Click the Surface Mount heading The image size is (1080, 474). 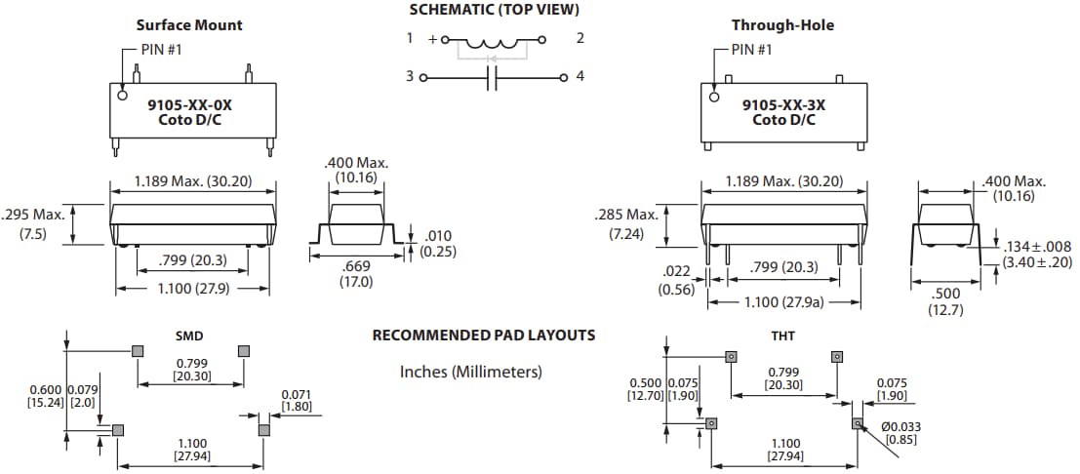[x=189, y=24]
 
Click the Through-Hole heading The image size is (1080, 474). [x=782, y=24]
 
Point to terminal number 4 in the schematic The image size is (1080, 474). [x=580, y=76]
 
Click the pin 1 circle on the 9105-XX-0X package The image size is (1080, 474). [x=122, y=96]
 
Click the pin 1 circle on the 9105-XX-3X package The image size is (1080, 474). [x=715, y=96]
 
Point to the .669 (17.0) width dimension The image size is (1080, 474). [x=355, y=274]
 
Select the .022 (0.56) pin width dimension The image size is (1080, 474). [x=676, y=280]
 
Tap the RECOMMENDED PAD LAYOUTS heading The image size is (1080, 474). [x=483, y=336]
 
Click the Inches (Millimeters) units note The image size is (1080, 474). [x=470, y=372]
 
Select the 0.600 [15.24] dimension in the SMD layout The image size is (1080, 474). [x=46, y=395]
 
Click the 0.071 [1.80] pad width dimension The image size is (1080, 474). [x=297, y=400]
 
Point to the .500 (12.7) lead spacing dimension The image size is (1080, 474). [x=945, y=300]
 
